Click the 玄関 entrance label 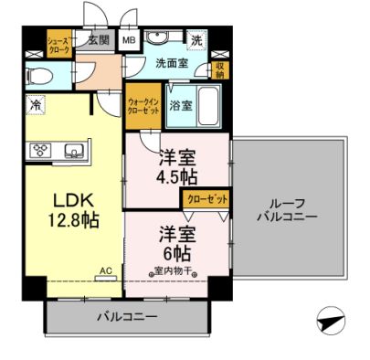(x=99, y=41)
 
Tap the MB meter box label (x=130, y=41)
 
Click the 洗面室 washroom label (x=169, y=64)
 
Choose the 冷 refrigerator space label (x=34, y=104)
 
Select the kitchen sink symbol (x=73, y=150)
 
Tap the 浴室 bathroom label (x=181, y=106)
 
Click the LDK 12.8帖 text (x=70, y=209)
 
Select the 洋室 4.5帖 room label (x=177, y=163)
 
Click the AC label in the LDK (x=105, y=270)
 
